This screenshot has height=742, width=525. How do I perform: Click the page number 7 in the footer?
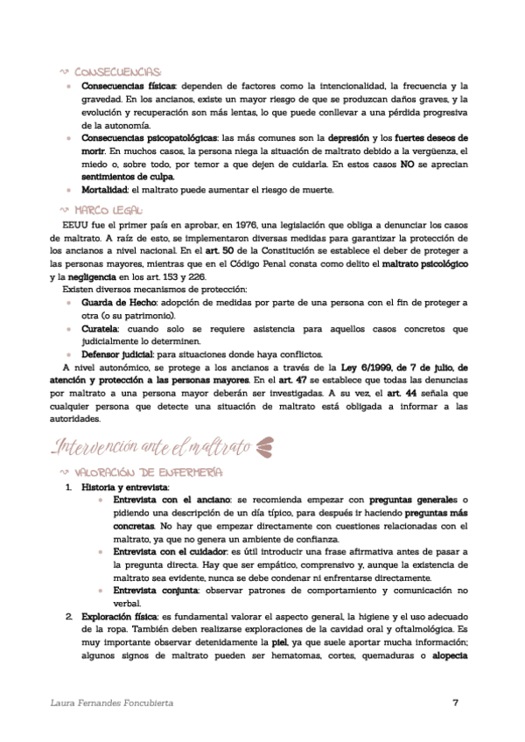[x=455, y=703]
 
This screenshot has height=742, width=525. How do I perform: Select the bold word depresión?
[x=352, y=138]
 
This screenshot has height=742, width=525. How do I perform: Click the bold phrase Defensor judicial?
[x=117, y=354]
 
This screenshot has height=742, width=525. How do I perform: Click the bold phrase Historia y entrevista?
[x=125, y=486]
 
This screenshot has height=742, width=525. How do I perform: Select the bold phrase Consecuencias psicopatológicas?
[x=149, y=138]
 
